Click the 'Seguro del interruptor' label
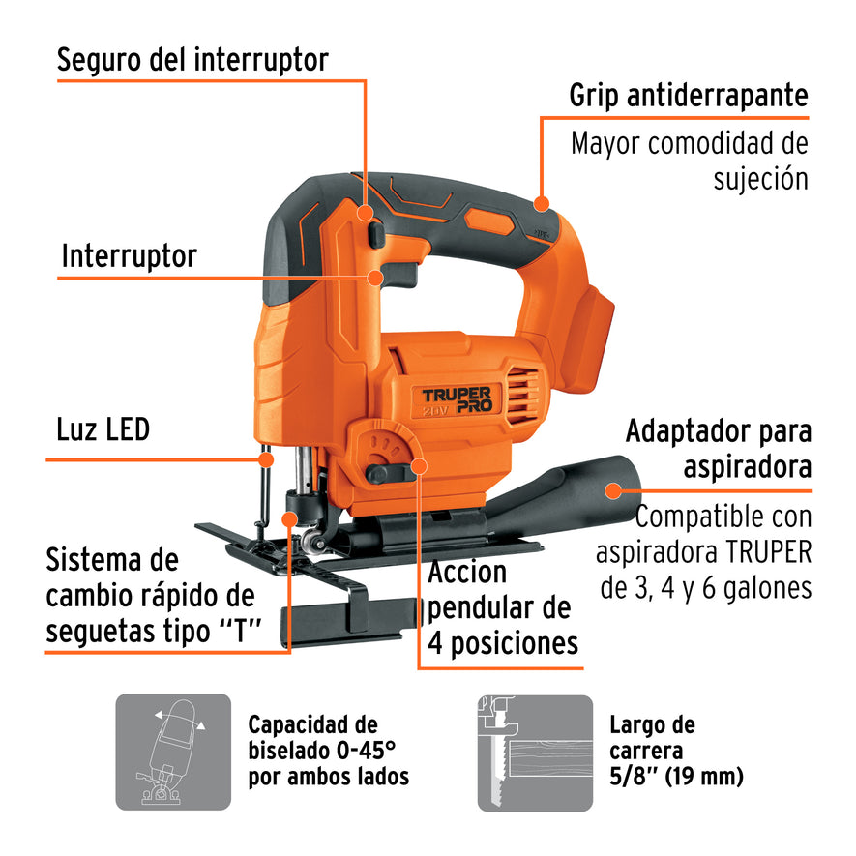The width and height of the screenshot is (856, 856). [x=192, y=59]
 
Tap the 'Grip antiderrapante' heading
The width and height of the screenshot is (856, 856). [x=688, y=95]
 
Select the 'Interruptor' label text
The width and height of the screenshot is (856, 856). [x=129, y=256]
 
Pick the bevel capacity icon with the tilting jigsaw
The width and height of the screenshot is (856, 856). [x=173, y=752]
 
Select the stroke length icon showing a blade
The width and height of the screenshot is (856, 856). [x=535, y=752]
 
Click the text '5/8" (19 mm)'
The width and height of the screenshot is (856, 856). [x=676, y=776]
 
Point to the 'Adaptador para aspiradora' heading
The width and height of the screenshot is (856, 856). [x=718, y=449]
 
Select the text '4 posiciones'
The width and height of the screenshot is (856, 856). [x=503, y=643]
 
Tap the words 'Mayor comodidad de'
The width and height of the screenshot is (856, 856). [x=689, y=144]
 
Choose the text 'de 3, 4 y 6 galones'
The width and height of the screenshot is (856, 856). [x=705, y=588]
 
